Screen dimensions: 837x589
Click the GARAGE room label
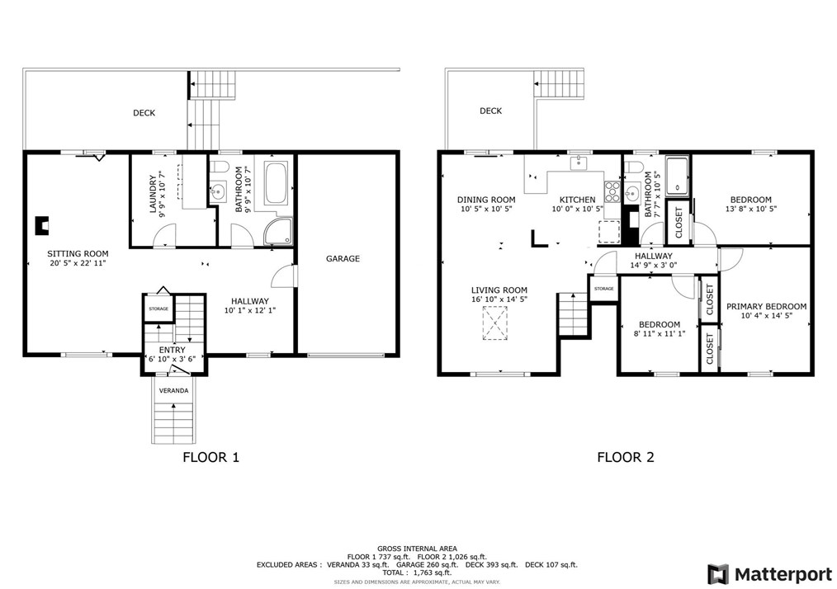pos(343,259)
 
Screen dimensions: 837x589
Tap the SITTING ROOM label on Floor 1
pos(78,254)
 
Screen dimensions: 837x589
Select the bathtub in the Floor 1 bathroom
pos(276,183)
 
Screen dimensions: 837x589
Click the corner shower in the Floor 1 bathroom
pos(279,231)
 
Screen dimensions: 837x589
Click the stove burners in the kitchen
pos(612,191)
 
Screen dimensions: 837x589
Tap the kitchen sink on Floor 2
pos(579,163)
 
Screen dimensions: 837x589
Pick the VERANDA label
pos(174,390)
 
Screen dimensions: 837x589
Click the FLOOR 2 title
pos(626,457)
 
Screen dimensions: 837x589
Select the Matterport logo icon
pos(718,574)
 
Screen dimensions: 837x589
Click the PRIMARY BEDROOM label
pos(767,307)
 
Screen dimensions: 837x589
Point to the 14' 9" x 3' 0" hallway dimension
pos(654,265)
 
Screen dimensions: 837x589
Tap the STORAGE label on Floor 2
pos(603,289)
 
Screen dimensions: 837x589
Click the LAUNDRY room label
pos(153,194)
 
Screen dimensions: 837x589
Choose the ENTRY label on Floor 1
pos(172,350)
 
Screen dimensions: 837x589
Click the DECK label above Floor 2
pos(490,111)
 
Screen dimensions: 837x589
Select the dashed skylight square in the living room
pos(495,323)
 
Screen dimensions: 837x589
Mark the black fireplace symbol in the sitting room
pos(42,226)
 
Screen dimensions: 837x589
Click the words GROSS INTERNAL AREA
pos(417,549)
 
